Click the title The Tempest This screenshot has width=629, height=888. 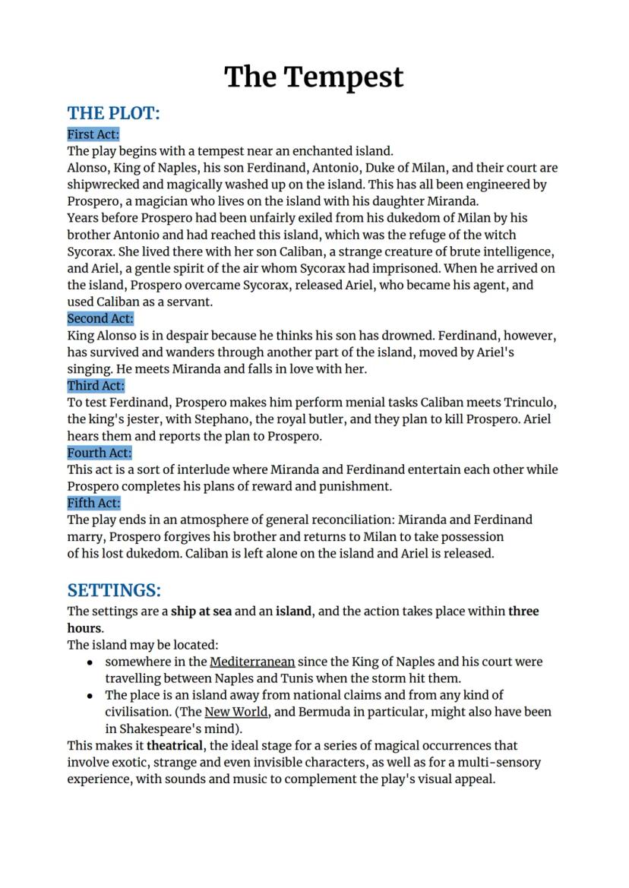pos(314,77)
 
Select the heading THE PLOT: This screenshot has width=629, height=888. pos(114,113)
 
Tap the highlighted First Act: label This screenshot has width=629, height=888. pos(93,134)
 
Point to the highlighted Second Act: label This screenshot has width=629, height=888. pos(100,318)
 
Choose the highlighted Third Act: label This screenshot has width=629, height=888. pos(96,385)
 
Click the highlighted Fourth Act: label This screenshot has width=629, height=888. pos(100,453)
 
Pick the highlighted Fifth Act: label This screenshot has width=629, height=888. pos(93,503)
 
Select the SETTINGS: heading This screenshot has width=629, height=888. pos(114,590)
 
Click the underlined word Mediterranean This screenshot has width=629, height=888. pos(252,662)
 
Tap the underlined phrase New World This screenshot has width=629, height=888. pos(236,712)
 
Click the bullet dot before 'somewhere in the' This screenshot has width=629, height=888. pos(90,662)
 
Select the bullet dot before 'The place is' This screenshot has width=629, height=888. pos(90,696)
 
